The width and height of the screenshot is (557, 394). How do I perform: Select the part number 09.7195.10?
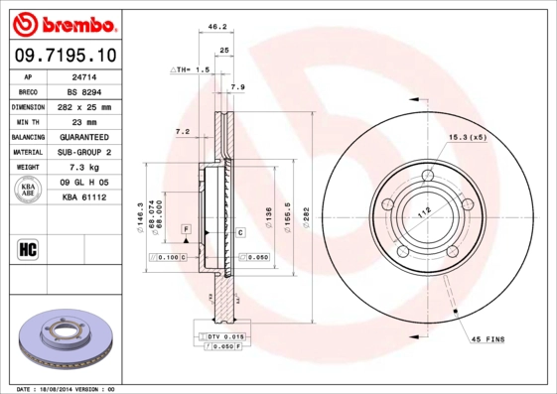tap(65, 55)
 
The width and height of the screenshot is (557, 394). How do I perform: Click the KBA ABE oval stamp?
tap(29, 191)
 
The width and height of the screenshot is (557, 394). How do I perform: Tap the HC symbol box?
tap(28, 249)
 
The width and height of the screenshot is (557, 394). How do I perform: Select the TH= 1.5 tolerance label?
tap(191, 70)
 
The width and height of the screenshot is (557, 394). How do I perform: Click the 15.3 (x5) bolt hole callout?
tap(467, 136)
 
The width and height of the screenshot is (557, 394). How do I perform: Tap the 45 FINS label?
tap(487, 339)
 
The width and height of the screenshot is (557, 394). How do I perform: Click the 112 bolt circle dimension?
tap(424, 210)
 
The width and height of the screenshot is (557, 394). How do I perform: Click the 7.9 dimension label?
tap(238, 88)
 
